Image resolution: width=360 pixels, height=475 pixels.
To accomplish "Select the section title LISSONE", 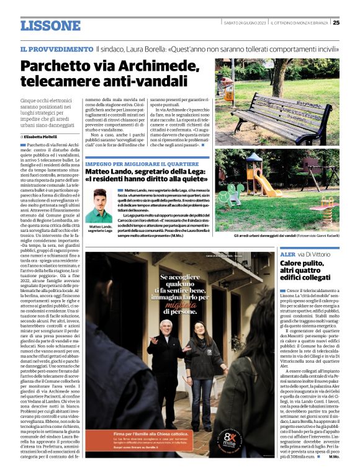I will [50, 25].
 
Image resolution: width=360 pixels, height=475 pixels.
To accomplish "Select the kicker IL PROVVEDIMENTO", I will [56, 48].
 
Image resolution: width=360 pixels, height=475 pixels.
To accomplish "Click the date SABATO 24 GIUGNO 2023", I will [245, 23].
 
